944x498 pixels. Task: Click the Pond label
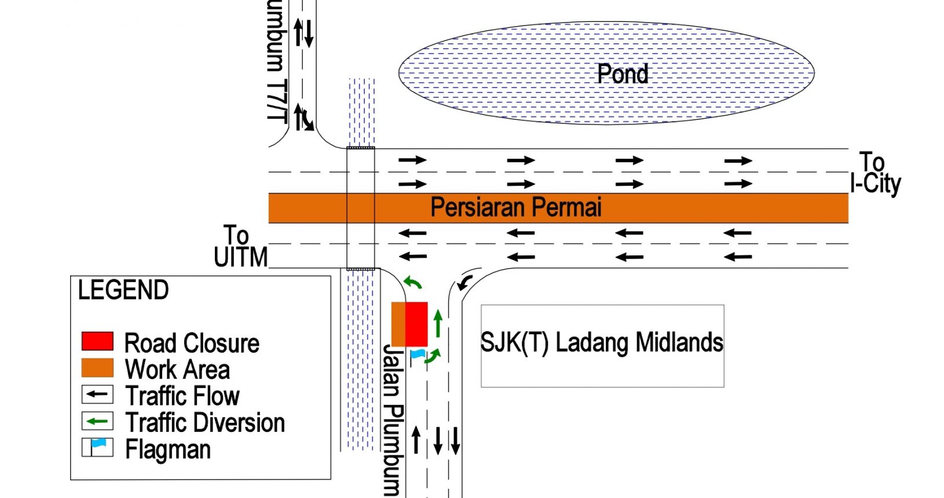[x=623, y=74]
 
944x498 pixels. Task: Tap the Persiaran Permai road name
[x=516, y=207]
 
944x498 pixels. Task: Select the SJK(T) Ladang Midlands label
[x=602, y=343]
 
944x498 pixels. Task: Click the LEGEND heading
[x=123, y=290]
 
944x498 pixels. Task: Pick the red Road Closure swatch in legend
[x=97, y=342]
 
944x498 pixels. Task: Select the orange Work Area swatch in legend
[x=97, y=368]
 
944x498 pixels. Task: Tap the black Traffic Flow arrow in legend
[x=97, y=395]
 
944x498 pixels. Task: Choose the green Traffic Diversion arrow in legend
[x=97, y=421]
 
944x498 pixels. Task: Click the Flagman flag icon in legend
[x=97, y=447]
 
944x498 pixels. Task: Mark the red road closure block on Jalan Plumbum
[x=416, y=324]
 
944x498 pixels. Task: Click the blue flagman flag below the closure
[x=418, y=354]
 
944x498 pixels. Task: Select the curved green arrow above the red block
[x=412, y=282]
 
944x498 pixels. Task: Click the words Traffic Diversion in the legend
[x=205, y=423]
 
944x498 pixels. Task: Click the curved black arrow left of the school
[x=464, y=283]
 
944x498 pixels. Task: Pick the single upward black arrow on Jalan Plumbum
[x=416, y=440]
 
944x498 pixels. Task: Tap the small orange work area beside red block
[x=398, y=324]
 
